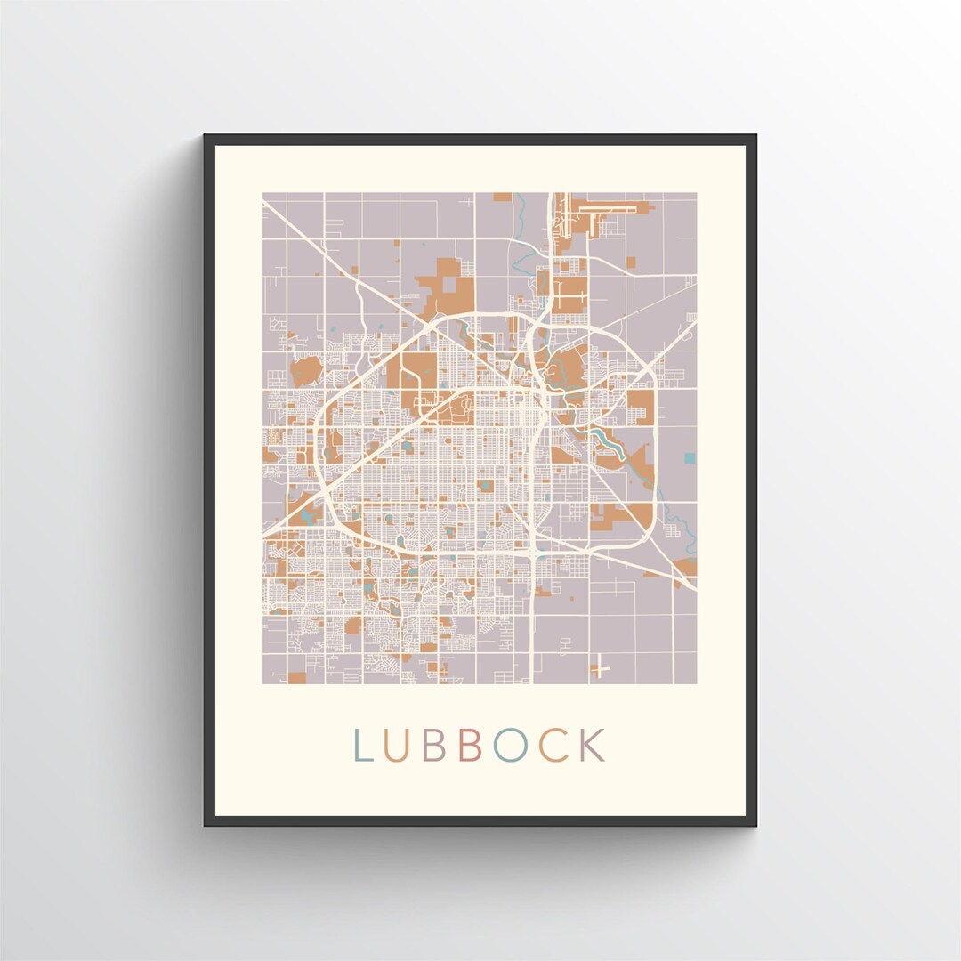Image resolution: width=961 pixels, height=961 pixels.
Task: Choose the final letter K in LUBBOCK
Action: click(x=592, y=746)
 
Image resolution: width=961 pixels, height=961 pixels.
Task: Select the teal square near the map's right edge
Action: click(x=690, y=458)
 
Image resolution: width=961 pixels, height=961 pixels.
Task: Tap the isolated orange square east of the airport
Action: click(x=633, y=260)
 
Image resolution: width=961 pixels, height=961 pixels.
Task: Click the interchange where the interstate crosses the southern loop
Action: click(x=532, y=553)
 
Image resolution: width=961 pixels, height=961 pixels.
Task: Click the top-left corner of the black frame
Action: click(x=206, y=136)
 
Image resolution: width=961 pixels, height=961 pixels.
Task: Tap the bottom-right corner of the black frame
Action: click(x=755, y=824)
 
